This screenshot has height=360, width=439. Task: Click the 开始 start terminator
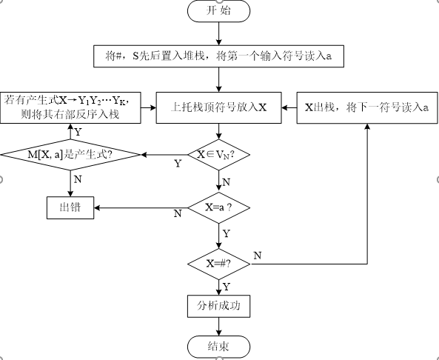(221, 11)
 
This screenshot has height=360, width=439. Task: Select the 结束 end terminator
(220, 346)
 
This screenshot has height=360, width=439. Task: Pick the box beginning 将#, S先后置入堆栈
(221, 55)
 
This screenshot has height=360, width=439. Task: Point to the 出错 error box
(71, 207)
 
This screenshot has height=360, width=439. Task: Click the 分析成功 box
(220, 305)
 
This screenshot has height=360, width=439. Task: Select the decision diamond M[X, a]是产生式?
(71, 154)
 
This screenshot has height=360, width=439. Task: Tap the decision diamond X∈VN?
(220, 154)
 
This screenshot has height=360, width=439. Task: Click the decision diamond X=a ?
(220, 207)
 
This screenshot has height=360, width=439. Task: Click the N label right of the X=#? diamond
(257, 255)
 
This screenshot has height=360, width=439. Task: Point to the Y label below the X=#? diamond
(227, 285)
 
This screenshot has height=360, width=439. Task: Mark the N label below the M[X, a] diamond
(78, 179)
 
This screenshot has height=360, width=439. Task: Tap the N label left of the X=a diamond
(178, 213)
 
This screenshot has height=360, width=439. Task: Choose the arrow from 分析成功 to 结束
(220, 325)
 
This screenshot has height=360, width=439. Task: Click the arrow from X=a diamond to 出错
(141, 207)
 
